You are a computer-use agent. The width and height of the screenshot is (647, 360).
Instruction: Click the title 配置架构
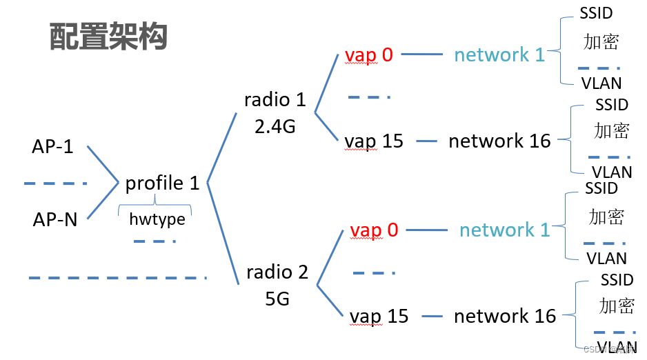click(108, 37)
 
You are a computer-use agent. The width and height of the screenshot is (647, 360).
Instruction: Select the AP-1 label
click(52, 147)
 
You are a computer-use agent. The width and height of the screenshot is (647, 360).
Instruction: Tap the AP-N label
click(54, 219)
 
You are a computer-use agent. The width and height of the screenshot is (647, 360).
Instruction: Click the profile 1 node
click(162, 183)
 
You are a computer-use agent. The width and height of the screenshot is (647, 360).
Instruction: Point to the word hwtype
click(157, 219)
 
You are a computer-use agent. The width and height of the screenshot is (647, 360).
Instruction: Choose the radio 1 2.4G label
click(275, 112)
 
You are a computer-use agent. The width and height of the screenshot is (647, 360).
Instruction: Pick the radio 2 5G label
click(277, 285)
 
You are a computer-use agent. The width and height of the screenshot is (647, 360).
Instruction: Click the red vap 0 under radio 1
click(368, 54)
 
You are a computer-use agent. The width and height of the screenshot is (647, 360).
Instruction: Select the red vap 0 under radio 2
click(373, 230)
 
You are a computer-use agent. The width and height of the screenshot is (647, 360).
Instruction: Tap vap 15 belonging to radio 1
click(373, 141)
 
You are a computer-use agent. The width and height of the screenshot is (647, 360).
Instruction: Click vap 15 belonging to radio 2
click(379, 316)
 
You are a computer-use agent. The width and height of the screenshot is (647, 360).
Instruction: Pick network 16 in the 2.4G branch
click(499, 141)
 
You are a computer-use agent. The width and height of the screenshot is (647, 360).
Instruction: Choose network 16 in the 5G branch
click(504, 316)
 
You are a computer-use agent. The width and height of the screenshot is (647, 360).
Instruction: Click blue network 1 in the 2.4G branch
click(499, 54)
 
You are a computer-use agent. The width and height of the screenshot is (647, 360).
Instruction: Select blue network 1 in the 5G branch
click(504, 230)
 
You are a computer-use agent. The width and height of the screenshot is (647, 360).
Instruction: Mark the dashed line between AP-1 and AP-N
click(55, 183)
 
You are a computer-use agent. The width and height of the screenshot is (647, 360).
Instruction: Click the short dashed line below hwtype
click(155, 241)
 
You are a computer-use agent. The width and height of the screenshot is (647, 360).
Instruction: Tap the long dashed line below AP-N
click(117, 278)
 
